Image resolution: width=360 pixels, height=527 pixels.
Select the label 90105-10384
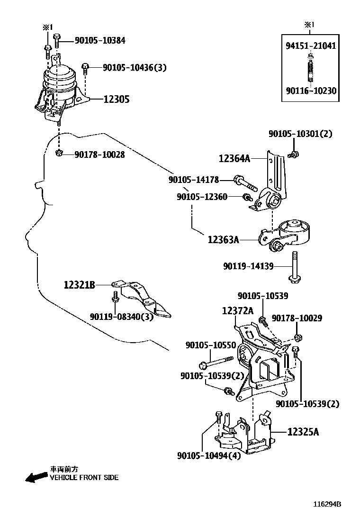tap(99, 41)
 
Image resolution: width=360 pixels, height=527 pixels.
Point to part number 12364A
tap(234, 159)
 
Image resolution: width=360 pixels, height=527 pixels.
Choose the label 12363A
tap(223, 240)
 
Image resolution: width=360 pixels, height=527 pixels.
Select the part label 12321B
tap(80, 285)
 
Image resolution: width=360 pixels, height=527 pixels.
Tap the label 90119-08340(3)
tap(122, 317)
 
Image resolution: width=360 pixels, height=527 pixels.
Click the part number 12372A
tap(238, 310)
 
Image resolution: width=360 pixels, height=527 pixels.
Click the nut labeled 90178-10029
tap(298, 337)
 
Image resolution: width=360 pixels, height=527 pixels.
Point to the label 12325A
tap(303, 432)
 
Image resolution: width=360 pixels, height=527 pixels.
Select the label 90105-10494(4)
tap(209, 456)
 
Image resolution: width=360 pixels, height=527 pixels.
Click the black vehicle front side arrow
tap(36, 477)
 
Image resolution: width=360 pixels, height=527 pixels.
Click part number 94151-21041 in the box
tap(311, 46)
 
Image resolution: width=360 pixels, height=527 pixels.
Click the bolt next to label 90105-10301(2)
tap(293, 154)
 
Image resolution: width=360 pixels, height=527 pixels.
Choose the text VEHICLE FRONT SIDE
tap(84, 478)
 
